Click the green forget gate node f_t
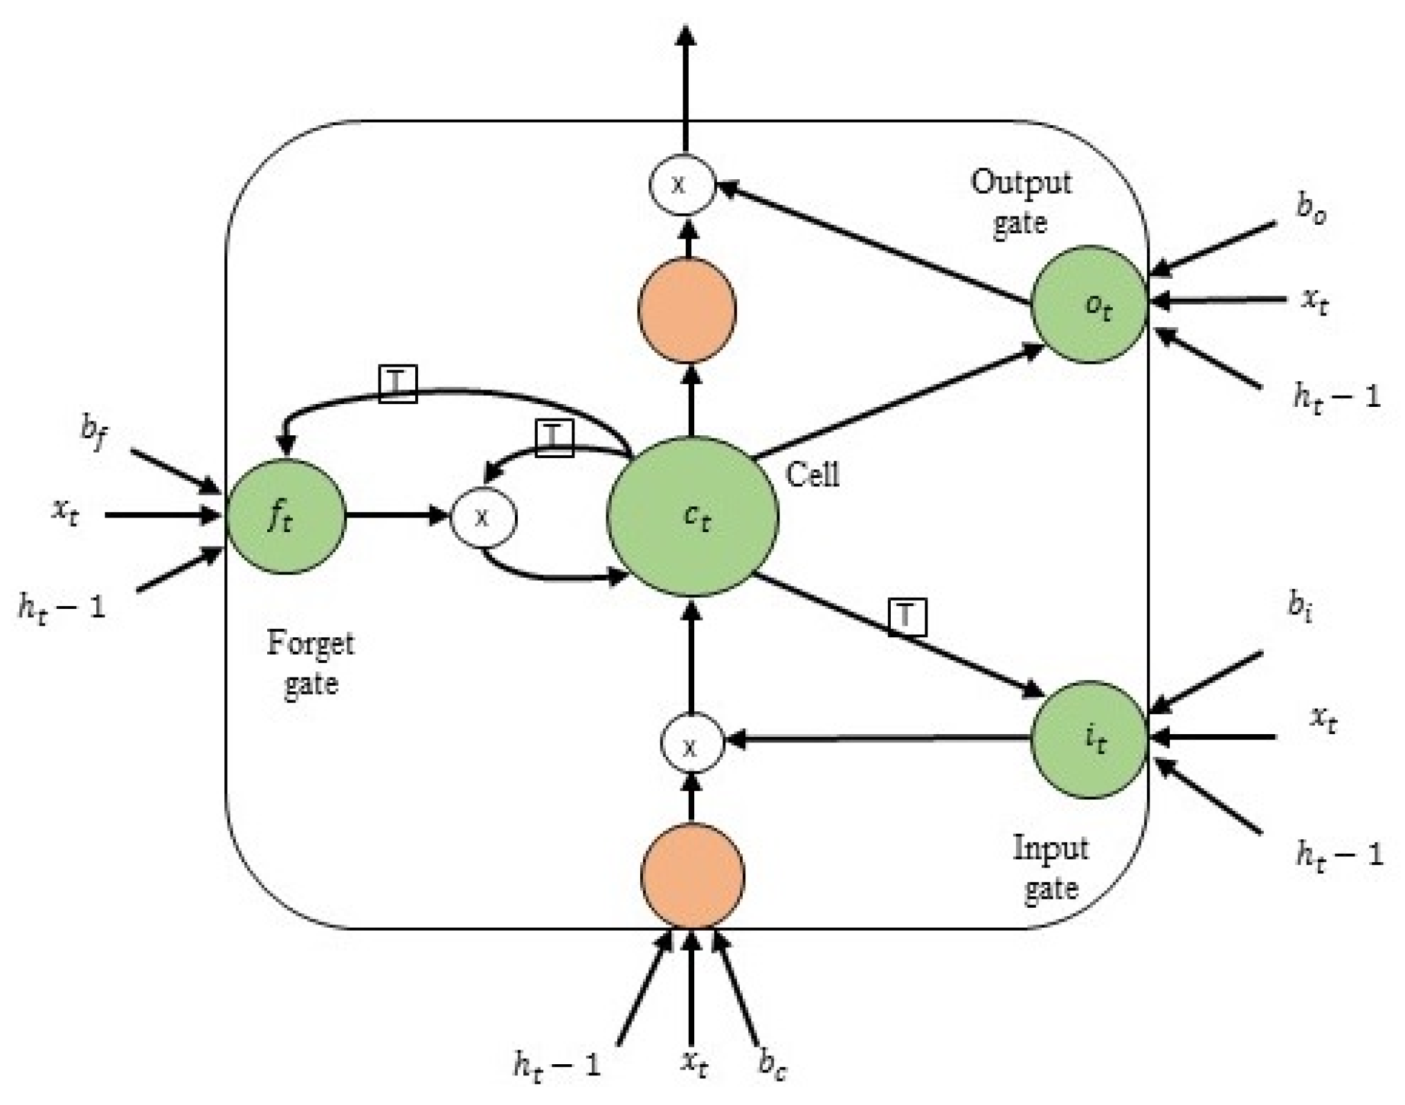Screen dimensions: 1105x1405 pyautogui.click(x=286, y=516)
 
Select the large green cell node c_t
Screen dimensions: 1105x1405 pyautogui.click(x=693, y=516)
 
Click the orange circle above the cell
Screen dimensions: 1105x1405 pyautogui.click(x=687, y=310)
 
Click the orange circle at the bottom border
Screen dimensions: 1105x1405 pyautogui.click(x=692, y=875)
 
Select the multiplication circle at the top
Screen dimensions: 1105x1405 pyautogui.click(x=682, y=185)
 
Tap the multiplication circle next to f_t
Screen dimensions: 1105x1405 pyautogui.click(x=483, y=517)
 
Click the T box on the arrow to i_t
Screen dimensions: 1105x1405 pyautogui.click(x=907, y=616)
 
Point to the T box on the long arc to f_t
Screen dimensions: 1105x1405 pyautogui.click(x=398, y=384)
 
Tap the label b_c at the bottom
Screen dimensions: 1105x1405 pyautogui.click(x=772, y=1063)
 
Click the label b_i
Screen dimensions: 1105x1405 pyautogui.click(x=1300, y=604)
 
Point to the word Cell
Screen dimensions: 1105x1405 pyautogui.click(x=813, y=475)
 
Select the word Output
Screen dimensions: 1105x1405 pyautogui.click(x=1021, y=183)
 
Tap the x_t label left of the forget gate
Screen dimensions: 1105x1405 pyautogui.click(x=65, y=511)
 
